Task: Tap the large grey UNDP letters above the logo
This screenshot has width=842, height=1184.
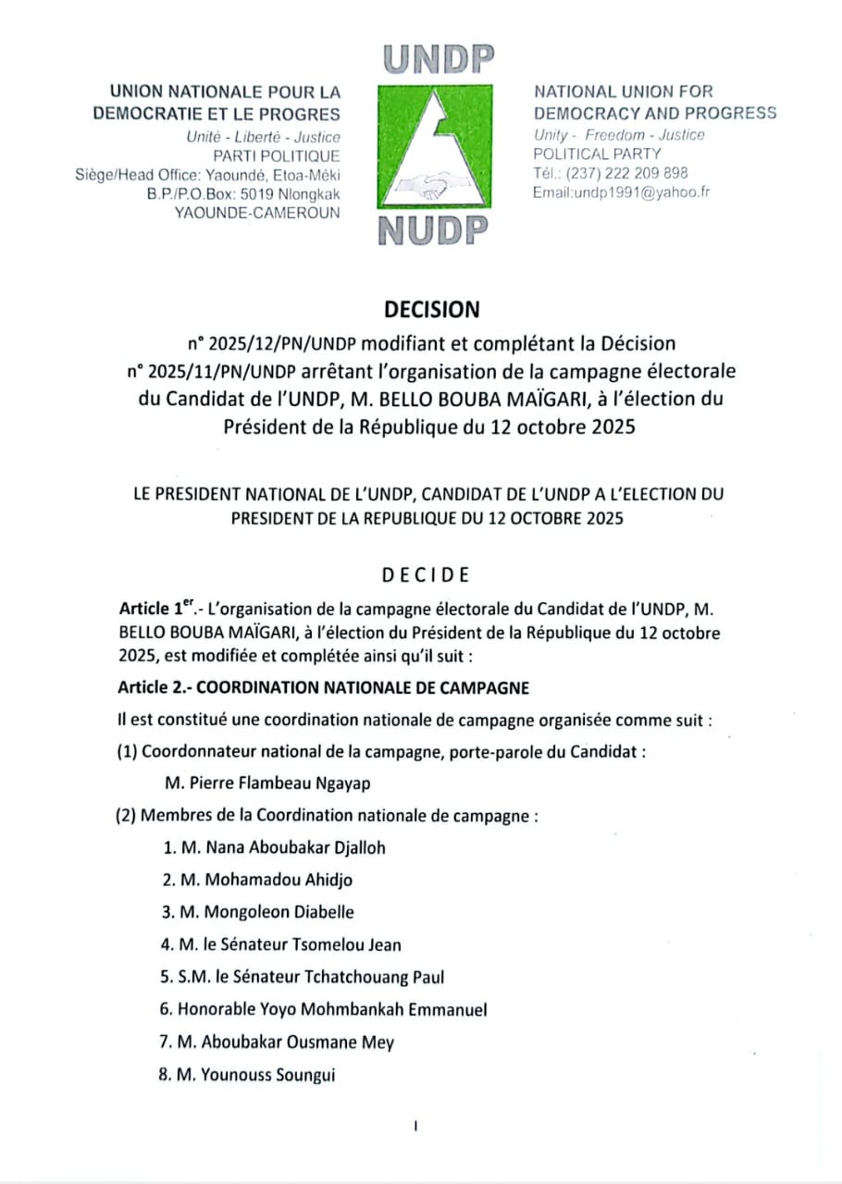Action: (x=435, y=62)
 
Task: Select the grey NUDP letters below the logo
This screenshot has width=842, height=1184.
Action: (x=434, y=230)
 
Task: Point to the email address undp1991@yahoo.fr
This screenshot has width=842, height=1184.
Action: (x=620, y=192)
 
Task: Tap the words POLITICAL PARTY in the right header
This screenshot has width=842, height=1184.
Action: (x=598, y=154)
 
